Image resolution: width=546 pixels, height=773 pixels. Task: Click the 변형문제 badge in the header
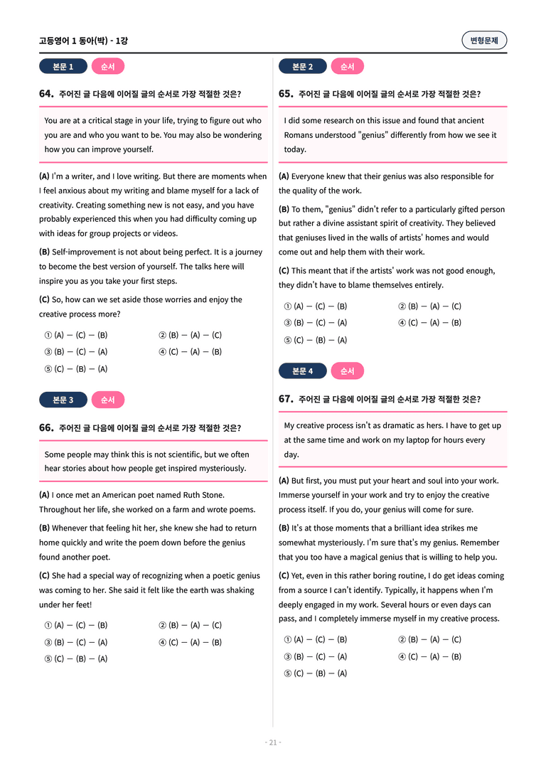pyautogui.click(x=484, y=41)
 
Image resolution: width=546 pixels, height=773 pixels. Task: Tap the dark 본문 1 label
pyautogui.click(x=63, y=67)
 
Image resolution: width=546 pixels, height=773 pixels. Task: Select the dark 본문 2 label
pyautogui.click(x=302, y=67)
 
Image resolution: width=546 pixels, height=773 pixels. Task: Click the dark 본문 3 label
pyautogui.click(x=63, y=400)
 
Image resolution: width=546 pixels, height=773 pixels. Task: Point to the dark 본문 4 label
pyautogui.click(x=302, y=371)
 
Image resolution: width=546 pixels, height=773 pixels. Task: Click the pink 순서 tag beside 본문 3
pyautogui.click(x=107, y=400)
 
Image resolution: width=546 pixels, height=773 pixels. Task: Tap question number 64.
pyautogui.click(x=46, y=94)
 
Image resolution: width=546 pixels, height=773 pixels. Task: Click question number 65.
pyautogui.click(x=286, y=94)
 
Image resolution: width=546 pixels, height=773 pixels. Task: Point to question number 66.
pyautogui.click(x=46, y=428)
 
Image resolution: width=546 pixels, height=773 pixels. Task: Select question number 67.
pyautogui.click(x=286, y=399)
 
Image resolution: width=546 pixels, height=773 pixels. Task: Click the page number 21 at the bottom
pyautogui.click(x=273, y=742)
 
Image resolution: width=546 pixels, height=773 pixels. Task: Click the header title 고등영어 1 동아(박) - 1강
pyautogui.click(x=83, y=41)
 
